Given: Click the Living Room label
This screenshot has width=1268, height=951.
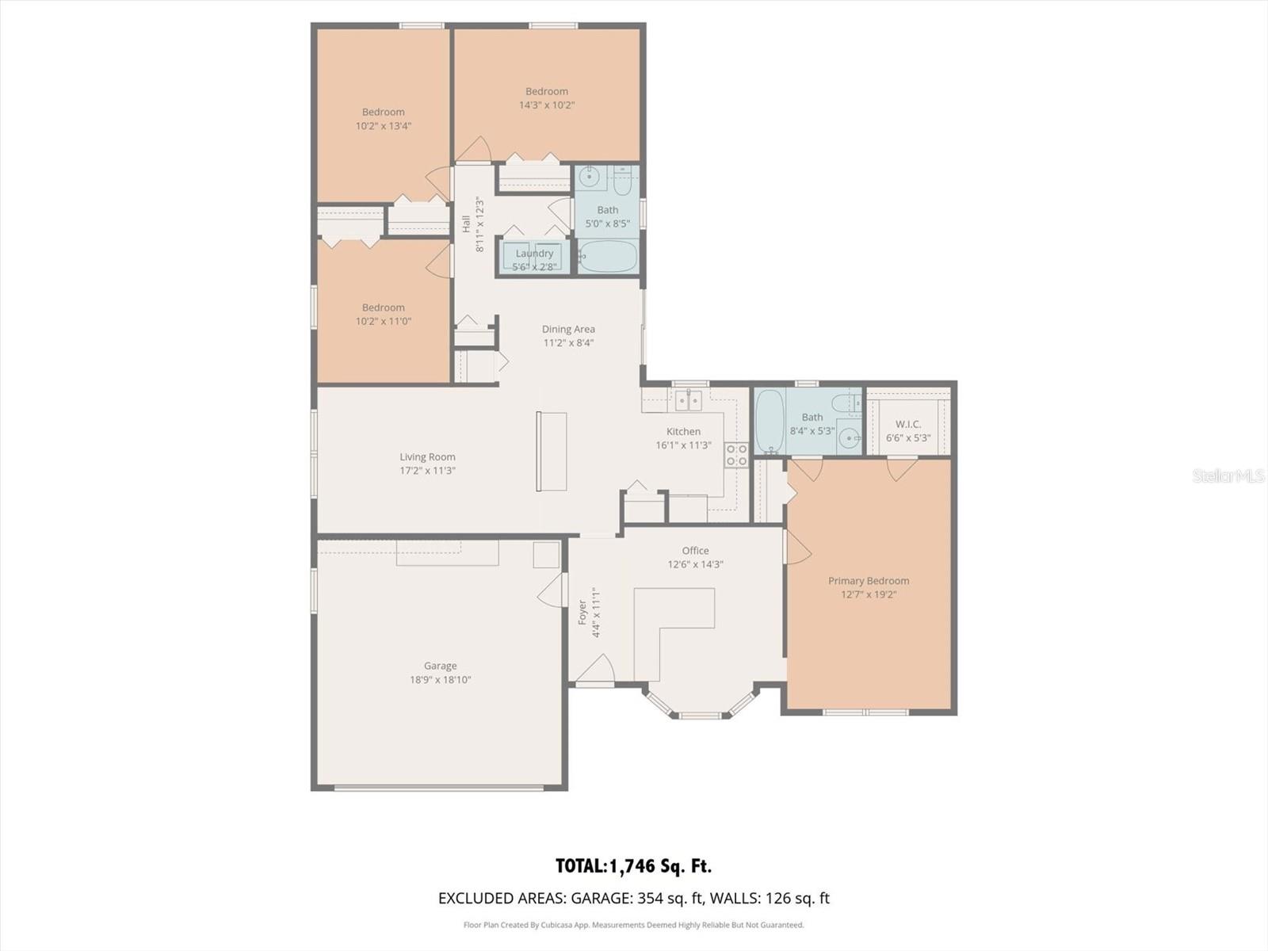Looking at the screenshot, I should point(427,456).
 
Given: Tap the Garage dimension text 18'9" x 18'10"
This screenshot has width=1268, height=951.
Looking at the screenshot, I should point(440,680).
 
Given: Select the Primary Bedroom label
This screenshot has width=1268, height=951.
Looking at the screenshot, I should point(869,581).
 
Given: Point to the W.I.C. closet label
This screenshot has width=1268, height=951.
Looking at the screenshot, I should point(907,424).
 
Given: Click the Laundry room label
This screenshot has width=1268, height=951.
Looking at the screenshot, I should point(534,254).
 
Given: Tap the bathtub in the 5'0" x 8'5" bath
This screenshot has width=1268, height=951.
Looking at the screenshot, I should point(607,258).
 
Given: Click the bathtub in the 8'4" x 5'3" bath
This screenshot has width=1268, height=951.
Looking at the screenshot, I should point(770,420).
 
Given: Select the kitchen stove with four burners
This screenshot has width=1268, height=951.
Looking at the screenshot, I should point(736,454).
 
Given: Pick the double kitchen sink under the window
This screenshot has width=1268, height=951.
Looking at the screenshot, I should point(688,401).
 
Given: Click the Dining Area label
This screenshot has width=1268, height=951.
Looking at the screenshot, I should point(568,329).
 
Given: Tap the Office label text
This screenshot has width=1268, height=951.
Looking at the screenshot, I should point(695,551).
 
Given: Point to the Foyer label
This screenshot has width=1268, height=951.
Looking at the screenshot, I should point(583,612).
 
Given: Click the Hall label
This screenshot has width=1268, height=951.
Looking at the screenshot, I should point(467,224).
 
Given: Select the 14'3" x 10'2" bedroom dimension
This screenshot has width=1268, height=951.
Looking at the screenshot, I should point(547,105).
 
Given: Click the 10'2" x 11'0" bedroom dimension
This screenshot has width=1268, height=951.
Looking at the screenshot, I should point(384,321).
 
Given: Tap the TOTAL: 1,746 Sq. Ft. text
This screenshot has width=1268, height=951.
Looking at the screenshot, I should point(633,866).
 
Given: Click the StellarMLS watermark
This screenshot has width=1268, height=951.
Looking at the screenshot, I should point(1228,475).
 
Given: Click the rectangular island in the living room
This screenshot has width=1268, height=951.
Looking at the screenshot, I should point(552,452).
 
